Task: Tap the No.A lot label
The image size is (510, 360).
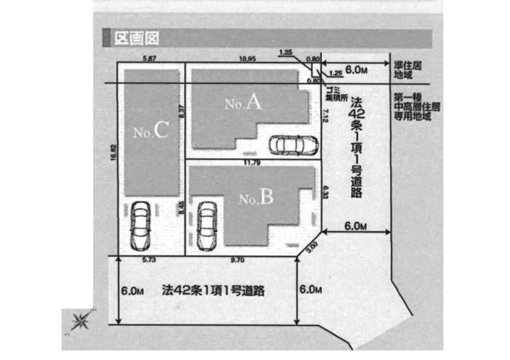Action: coord(244,104)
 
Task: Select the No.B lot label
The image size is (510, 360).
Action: coord(256,198)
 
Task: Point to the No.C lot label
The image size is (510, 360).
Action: coord(151,132)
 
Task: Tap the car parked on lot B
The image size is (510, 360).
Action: coord(207,226)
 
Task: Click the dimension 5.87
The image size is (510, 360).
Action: coord(150,58)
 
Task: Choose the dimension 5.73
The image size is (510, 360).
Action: coord(150,261)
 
